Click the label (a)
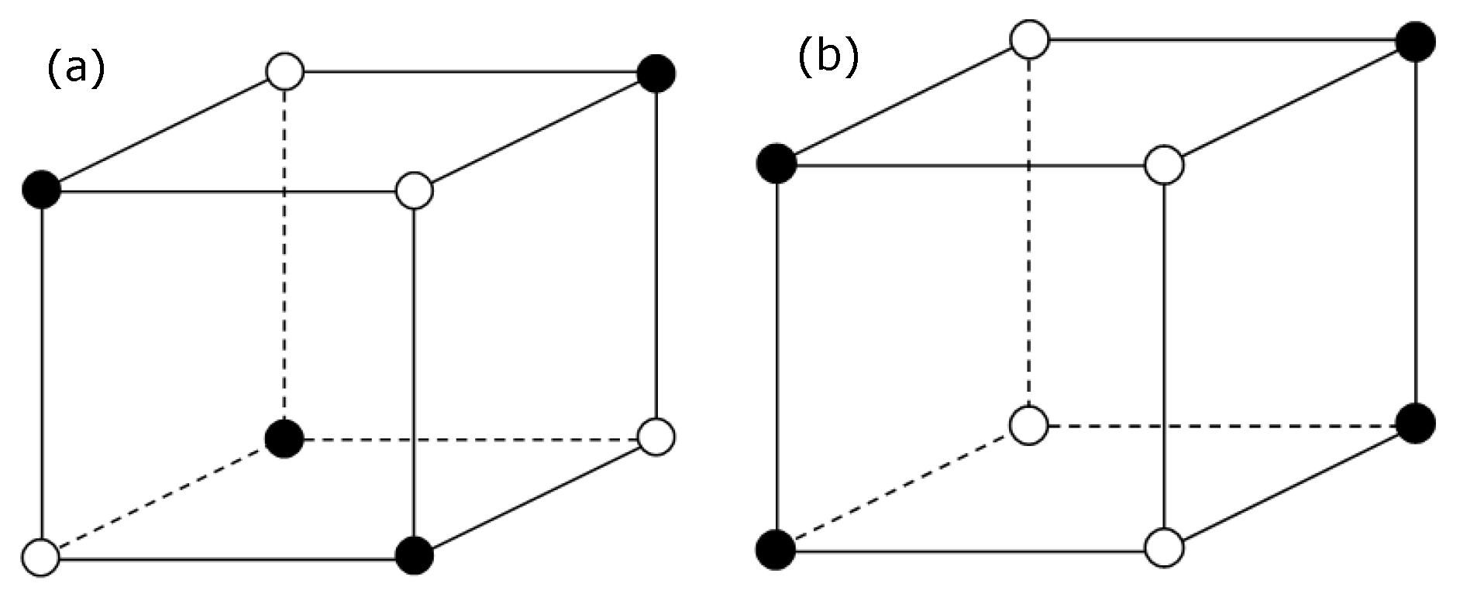[75, 68]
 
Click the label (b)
[828, 57]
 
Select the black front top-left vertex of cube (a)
[42, 190]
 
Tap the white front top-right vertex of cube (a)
[415, 190]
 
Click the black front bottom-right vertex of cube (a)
[415, 555]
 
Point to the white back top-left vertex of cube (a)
[285, 72]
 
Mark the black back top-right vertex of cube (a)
[656, 73]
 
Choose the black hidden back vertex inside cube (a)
[284, 439]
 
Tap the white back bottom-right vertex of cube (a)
[656, 437]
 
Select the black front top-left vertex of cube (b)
[776, 163]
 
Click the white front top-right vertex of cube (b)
[1164, 165]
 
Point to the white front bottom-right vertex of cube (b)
[1164, 548]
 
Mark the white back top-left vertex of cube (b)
[1030, 39]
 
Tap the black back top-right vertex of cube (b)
[1416, 41]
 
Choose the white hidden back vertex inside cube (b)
[1030, 425]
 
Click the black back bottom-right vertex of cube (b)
[1416, 424]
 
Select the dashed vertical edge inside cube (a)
[285, 256]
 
